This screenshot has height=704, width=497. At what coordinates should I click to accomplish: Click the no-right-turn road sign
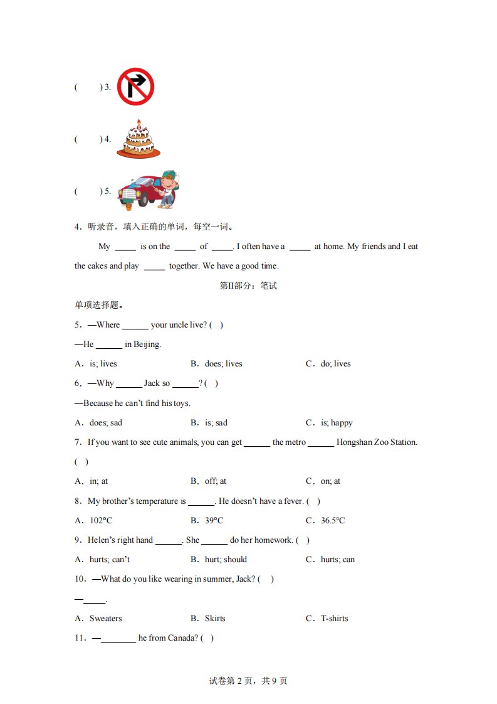point(135,87)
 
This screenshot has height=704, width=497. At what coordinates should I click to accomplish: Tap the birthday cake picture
point(139,141)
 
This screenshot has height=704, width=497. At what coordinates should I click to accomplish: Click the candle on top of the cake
point(139,122)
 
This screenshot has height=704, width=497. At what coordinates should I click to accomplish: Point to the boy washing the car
point(167,188)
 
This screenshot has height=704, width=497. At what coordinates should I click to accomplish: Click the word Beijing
point(147,344)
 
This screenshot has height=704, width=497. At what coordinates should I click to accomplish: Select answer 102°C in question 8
point(101,521)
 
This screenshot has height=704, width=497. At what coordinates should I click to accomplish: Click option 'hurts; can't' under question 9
point(110,560)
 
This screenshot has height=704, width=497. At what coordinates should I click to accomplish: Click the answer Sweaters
point(106,619)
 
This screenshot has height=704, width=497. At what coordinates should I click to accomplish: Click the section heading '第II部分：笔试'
point(248,286)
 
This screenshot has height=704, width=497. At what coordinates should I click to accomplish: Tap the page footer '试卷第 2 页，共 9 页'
point(248,681)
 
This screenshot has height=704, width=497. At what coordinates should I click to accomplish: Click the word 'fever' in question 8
point(292,501)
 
